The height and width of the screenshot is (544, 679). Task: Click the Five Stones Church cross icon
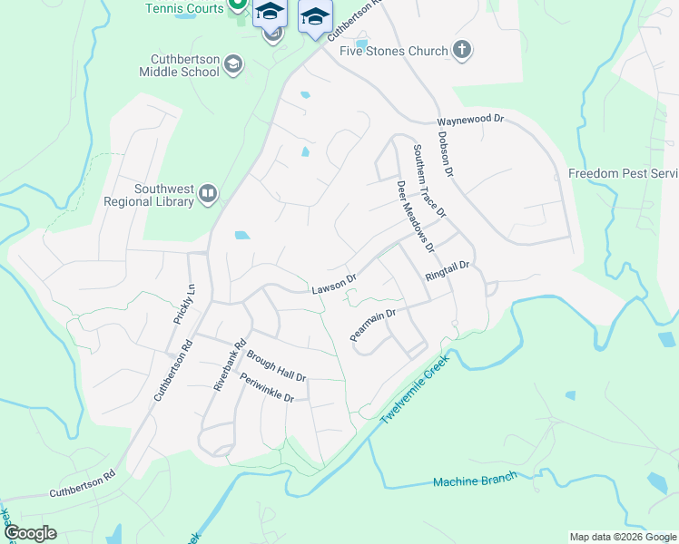462,50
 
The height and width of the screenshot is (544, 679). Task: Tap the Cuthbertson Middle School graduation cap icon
233,63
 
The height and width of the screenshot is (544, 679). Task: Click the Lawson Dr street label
333,285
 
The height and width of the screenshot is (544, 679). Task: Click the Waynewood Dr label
469,120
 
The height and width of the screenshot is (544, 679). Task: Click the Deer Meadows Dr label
415,217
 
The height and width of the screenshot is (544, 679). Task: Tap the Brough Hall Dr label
276,365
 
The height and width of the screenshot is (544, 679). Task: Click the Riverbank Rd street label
230,364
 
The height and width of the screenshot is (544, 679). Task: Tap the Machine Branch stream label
475,479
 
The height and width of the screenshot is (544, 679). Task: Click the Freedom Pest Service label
624,173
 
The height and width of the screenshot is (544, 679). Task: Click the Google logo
30,533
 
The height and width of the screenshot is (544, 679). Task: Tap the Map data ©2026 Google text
622,537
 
